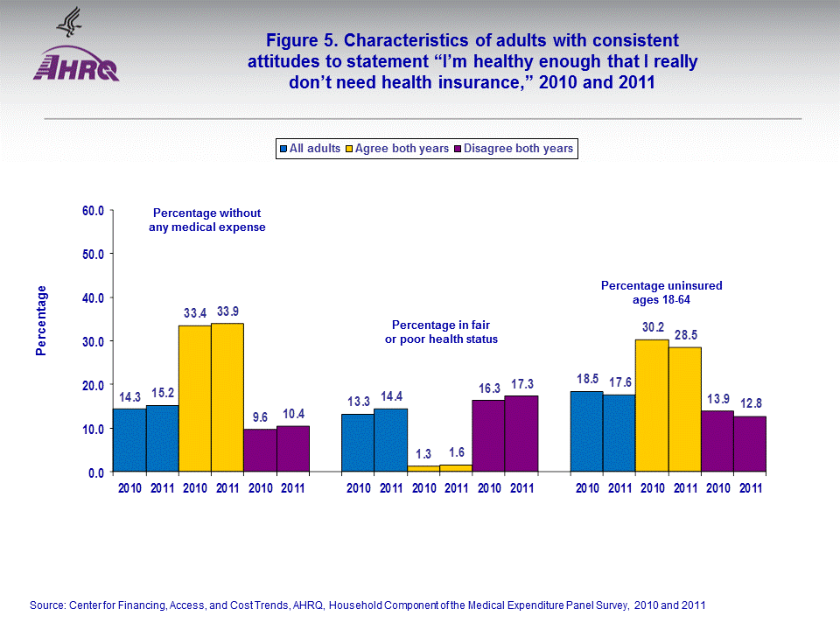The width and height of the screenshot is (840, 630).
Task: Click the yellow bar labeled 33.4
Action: coord(194,398)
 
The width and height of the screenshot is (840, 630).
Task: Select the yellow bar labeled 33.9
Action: coord(227,397)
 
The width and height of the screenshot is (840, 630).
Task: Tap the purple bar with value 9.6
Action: coord(260,450)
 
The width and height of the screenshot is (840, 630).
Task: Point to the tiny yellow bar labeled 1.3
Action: coord(423,468)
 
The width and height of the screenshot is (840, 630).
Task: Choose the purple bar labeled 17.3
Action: coord(521,433)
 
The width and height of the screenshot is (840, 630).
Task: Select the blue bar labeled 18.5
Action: coord(586,430)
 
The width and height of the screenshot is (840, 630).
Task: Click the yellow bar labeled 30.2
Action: coord(652,405)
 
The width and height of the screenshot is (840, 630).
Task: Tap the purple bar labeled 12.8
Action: coord(750,443)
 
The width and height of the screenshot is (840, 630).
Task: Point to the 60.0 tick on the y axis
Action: coord(92,211)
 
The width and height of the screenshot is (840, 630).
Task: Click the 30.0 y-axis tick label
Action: coord(92,341)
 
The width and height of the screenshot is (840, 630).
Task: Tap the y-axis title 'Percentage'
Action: coord(41,320)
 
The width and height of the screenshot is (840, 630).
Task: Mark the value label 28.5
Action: coord(685,335)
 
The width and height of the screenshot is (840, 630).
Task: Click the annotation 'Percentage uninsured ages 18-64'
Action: coord(661,292)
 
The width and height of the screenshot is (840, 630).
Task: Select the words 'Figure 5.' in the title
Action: coord(302,40)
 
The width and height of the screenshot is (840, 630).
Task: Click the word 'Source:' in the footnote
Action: coord(48,605)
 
